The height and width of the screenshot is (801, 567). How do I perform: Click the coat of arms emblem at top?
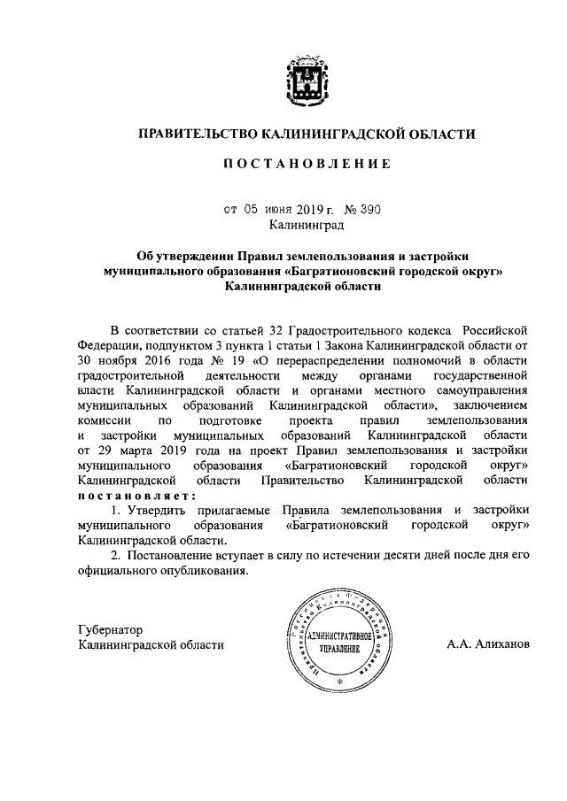(305, 83)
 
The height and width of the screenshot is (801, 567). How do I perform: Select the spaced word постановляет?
(136, 495)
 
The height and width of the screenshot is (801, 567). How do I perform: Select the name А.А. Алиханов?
(488, 644)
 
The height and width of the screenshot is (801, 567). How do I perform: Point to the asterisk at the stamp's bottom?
(338, 680)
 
